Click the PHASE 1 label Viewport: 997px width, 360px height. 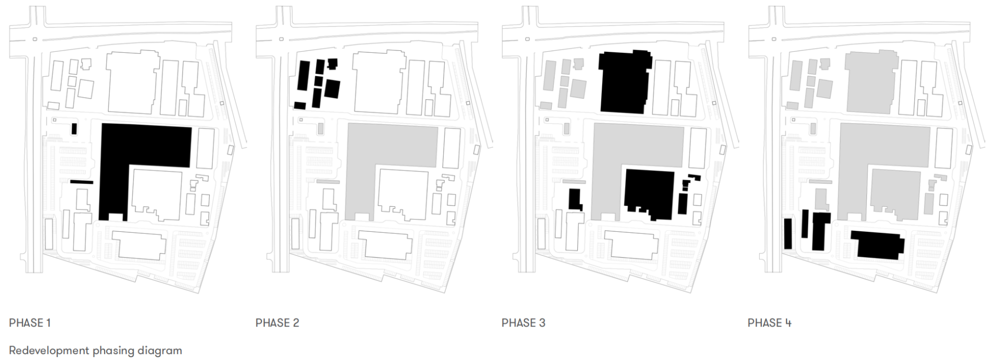pyautogui.click(x=30, y=323)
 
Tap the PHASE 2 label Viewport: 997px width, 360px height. pyautogui.click(x=277, y=323)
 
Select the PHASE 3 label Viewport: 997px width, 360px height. pyautogui.click(x=523, y=323)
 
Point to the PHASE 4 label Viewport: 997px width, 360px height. pyautogui.click(x=769, y=323)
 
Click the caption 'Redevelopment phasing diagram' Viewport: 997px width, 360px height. pyautogui.click(x=96, y=351)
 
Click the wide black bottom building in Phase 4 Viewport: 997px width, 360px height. pyautogui.click(x=878, y=245)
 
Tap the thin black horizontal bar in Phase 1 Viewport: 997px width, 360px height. pyautogui.click(x=82, y=182)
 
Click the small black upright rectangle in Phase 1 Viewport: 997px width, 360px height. pyautogui.click(x=74, y=128)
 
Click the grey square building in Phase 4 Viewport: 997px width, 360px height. pyautogui.click(x=895, y=194)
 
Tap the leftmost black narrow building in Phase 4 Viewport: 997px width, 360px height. pyautogui.click(x=788, y=233)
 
